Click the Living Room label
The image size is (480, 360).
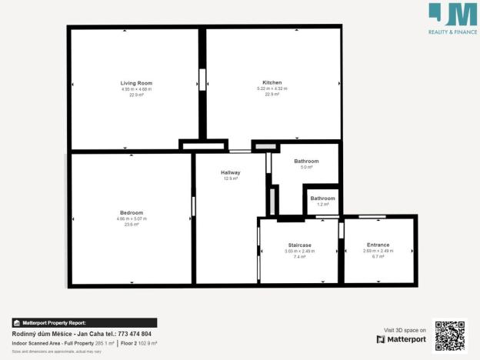pos(136,83)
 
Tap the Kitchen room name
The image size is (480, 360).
pos(272,82)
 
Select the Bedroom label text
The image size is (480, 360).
pos(132,212)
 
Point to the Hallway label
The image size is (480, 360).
pos(231,172)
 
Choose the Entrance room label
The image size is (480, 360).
pos(378,245)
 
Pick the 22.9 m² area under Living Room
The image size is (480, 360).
pos(136,95)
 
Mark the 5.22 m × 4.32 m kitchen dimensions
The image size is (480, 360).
pos(272,88)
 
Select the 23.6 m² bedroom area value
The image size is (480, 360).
pos(132,225)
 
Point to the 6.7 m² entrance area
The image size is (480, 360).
pos(378,256)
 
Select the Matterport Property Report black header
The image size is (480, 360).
pos(84,322)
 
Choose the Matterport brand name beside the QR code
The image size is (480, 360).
pos(406,339)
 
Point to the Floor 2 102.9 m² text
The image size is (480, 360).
pos(138,342)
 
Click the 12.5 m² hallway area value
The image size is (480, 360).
pos(231,178)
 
